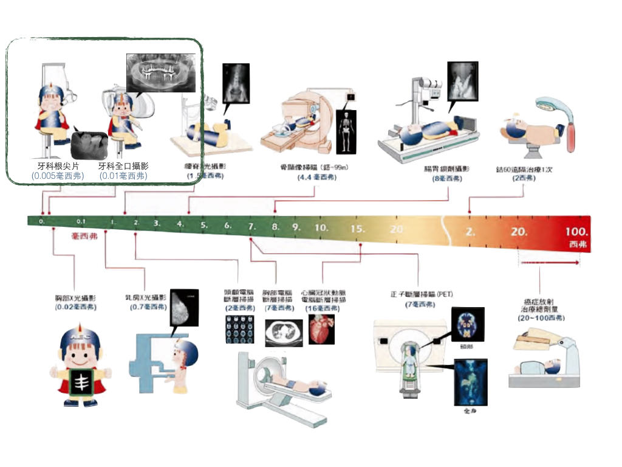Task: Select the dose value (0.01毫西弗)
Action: [x=123, y=176]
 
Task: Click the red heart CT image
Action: [x=321, y=329]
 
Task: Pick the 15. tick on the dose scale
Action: [x=358, y=229]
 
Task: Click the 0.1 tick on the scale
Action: [x=81, y=221]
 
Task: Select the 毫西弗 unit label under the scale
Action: [x=84, y=235]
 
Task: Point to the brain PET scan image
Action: [x=468, y=325]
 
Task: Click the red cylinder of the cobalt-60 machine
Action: [x=570, y=139]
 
